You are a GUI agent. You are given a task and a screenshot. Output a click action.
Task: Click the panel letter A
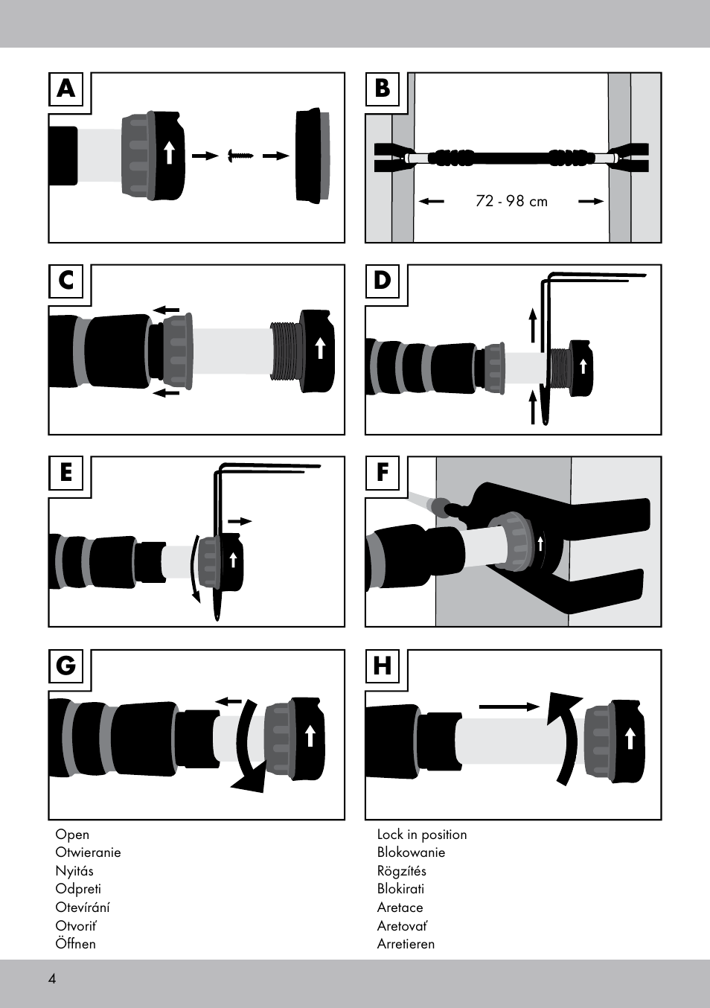pyautogui.click(x=67, y=89)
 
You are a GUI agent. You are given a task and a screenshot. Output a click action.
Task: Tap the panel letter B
pyautogui.click(x=383, y=89)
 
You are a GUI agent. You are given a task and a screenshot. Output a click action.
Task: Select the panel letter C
pyautogui.click(x=67, y=281)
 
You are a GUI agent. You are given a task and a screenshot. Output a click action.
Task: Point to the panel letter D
pyautogui.click(x=383, y=281)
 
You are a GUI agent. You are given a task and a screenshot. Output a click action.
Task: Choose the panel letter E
pyautogui.click(x=67, y=473)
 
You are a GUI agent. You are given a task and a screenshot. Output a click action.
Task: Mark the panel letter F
pyautogui.click(x=383, y=473)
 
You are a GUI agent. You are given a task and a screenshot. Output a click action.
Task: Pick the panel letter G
pyautogui.click(x=67, y=666)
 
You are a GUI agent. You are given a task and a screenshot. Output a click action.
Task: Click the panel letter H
pyautogui.click(x=383, y=666)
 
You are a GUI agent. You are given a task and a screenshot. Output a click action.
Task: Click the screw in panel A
pyautogui.click(x=241, y=156)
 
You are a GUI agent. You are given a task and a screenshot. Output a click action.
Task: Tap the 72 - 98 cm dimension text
pyautogui.click(x=511, y=201)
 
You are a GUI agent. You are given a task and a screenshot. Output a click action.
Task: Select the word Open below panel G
pyautogui.click(x=72, y=835)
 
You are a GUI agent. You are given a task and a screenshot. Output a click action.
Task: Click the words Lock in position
pyautogui.click(x=422, y=835)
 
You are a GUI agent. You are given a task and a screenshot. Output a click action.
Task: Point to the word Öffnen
pyautogui.click(x=75, y=944)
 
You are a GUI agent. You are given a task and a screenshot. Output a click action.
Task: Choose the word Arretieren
pyautogui.click(x=406, y=944)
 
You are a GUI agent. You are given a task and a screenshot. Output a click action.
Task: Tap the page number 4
pyautogui.click(x=52, y=979)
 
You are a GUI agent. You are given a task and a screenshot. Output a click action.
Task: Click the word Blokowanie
pyautogui.click(x=411, y=852)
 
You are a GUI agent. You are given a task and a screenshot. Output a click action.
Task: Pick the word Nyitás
pyautogui.click(x=74, y=871)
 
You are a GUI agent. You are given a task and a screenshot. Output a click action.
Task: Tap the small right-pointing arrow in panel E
pyautogui.click(x=240, y=521)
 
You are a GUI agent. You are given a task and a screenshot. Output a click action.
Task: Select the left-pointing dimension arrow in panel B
pyautogui.click(x=431, y=201)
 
